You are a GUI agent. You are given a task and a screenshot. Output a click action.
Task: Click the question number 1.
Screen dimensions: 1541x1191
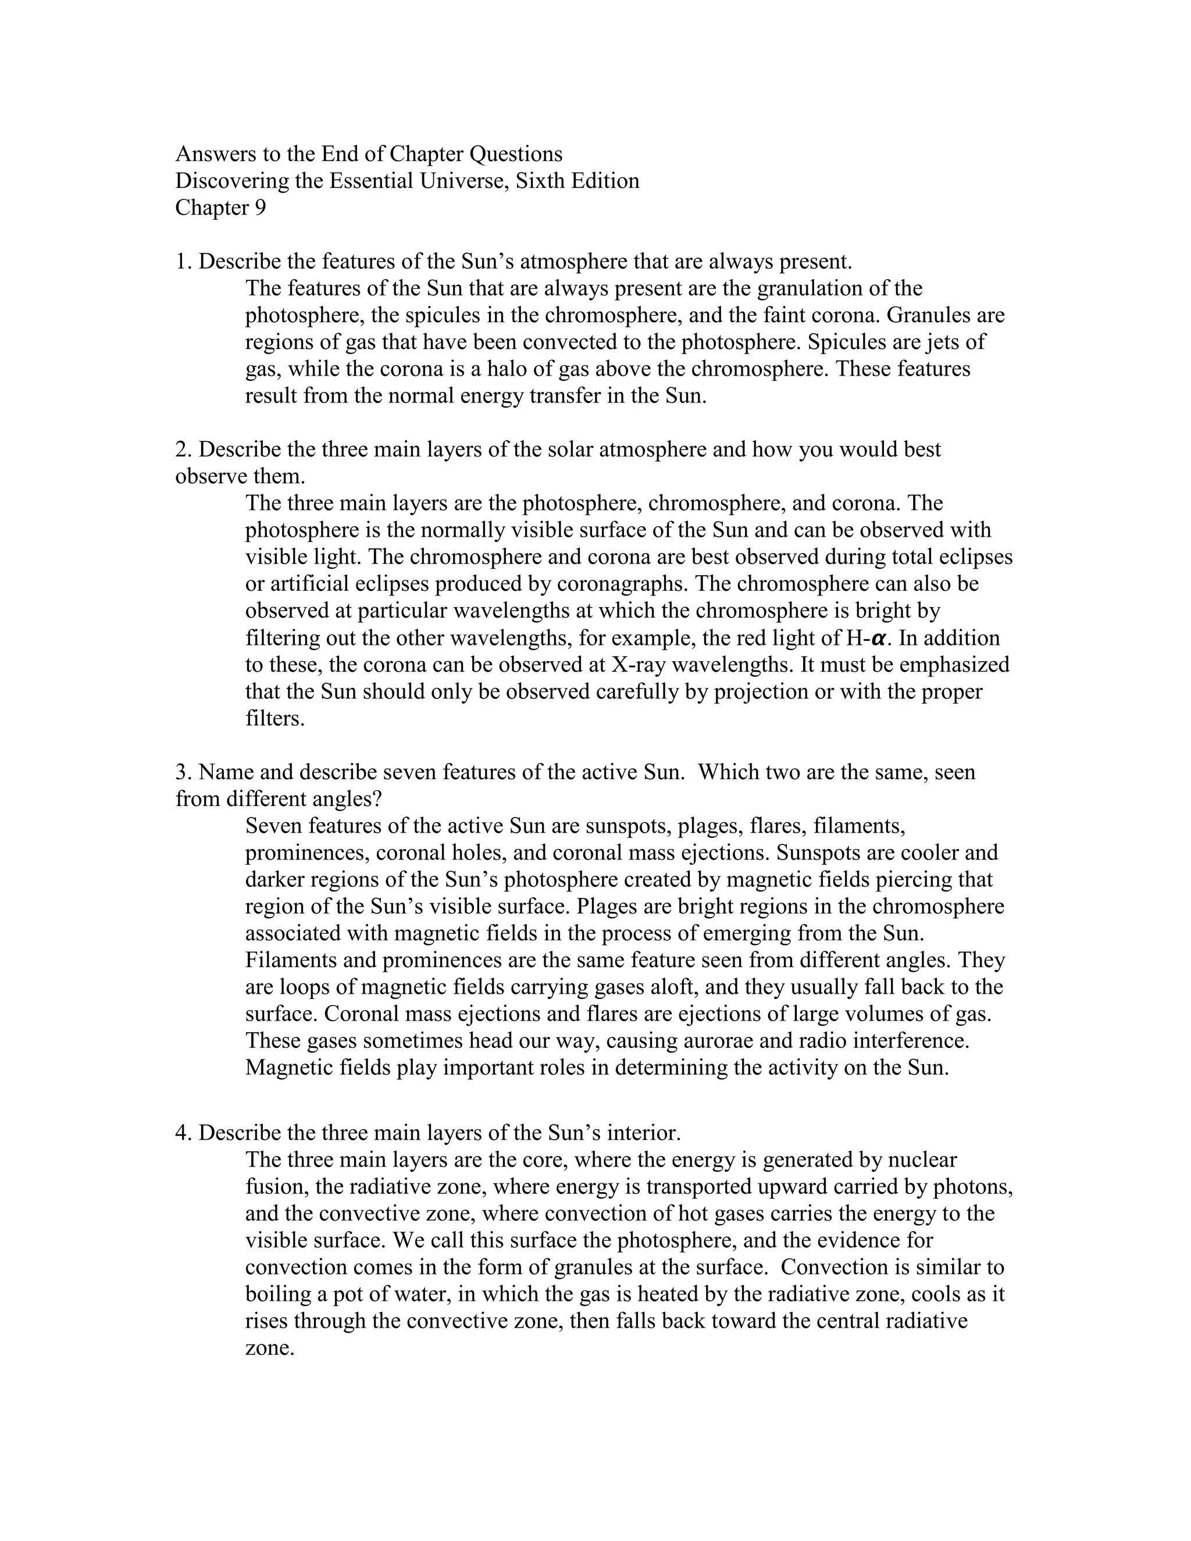click(x=182, y=262)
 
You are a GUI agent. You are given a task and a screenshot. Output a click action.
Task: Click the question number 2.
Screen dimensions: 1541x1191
click(x=182, y=450)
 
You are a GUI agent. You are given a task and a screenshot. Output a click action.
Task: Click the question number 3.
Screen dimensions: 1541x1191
click(x=182, y=772)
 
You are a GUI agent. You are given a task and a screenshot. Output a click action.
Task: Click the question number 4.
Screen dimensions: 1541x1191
click(x=182, y=1133)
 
